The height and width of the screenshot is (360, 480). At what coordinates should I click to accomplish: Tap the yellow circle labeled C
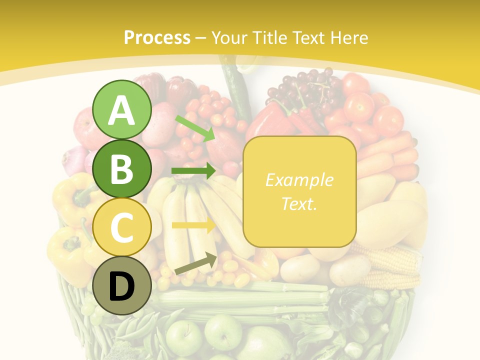122,227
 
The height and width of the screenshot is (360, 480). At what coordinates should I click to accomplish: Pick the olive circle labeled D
122,286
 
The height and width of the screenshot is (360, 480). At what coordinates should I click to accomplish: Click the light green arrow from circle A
195,127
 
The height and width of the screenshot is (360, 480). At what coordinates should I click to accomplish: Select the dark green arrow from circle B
193,171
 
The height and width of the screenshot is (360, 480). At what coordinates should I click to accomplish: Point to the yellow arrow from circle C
193,225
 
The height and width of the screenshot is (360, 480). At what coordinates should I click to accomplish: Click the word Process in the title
157,37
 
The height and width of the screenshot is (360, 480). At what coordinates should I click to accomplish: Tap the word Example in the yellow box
299,180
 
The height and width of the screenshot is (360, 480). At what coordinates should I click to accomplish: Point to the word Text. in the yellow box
299,203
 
